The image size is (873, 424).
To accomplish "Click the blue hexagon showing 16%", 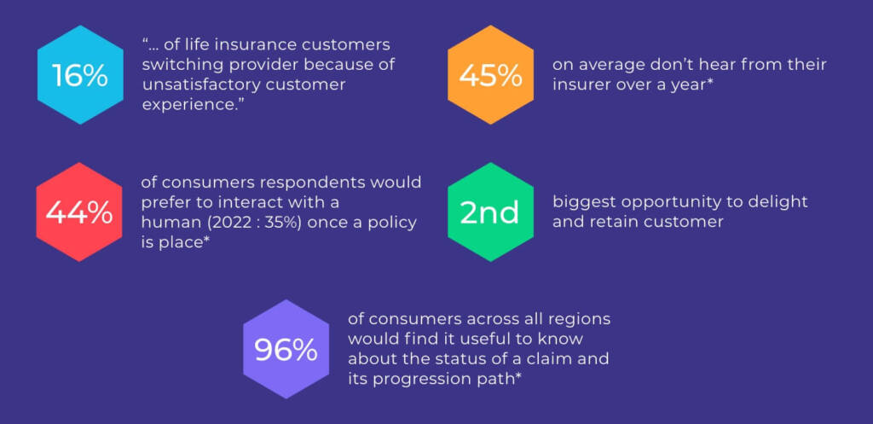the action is [x=80, y=75].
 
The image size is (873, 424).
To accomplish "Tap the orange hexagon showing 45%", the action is [x=490, y=75].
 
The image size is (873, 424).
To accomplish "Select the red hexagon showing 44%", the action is [x=79, y=212].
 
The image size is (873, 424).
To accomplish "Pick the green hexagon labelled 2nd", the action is [x=490, y=212].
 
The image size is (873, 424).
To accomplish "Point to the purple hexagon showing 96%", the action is [x=286, y=349].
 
